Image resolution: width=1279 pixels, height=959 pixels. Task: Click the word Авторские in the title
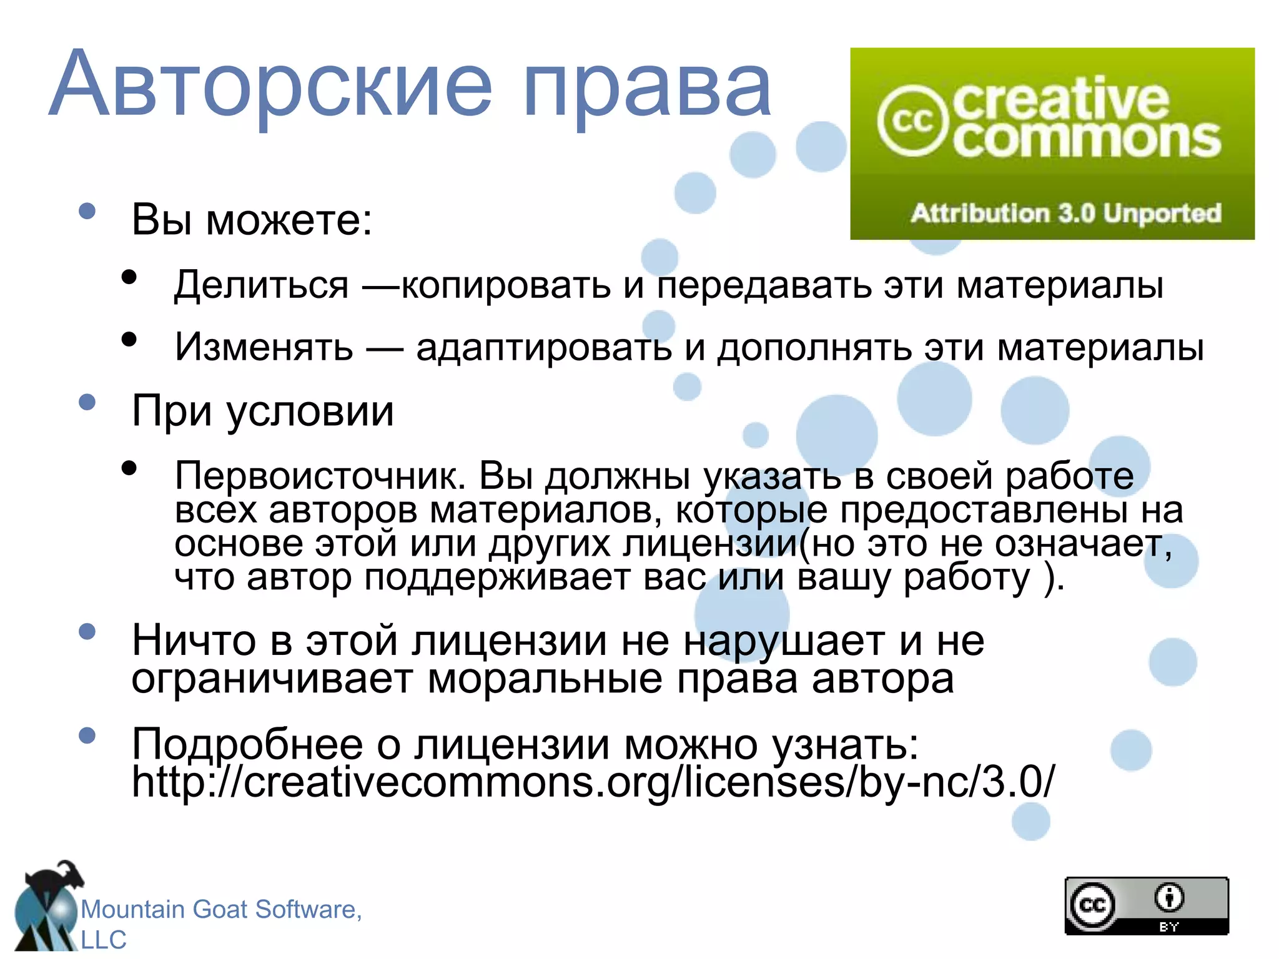(x=272, y=84)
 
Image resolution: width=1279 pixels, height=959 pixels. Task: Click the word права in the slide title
(x=646, y=87)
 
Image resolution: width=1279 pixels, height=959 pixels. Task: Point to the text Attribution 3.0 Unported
(x=1065, y=214)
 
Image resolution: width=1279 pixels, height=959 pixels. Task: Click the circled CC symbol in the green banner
(x=912, y=121)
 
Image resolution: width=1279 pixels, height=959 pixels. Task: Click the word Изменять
(x=264, y=347)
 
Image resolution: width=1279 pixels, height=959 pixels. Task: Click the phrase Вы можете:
(x=252, y=220)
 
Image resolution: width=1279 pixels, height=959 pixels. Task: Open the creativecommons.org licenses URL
(x=593, y=782)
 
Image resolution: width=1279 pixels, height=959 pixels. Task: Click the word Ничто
(x=194, y=641)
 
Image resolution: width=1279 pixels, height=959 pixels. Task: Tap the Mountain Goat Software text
(x=221, y=910)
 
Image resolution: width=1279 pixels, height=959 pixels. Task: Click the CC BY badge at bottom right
(x=1147, y=905)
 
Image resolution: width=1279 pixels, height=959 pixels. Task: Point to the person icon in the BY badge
(x=1169, y=897)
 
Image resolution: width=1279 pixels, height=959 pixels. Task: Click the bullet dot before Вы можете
(x=87, y=210)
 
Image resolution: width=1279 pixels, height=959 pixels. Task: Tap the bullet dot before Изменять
(x=129, y=340)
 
